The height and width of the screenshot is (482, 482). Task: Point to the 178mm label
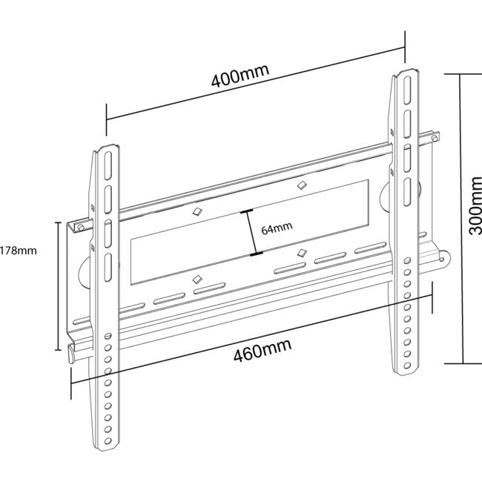coord(17,250)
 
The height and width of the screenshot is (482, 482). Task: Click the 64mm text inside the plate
coord(277,229)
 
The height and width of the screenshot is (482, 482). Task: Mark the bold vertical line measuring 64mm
coord(251,234)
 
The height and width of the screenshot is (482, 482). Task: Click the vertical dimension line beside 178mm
coord(57,285)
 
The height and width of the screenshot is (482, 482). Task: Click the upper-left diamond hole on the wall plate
coord(196,211)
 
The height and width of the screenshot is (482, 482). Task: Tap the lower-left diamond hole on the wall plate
coord(196,279)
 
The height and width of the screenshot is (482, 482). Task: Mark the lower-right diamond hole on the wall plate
coord(300,253)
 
